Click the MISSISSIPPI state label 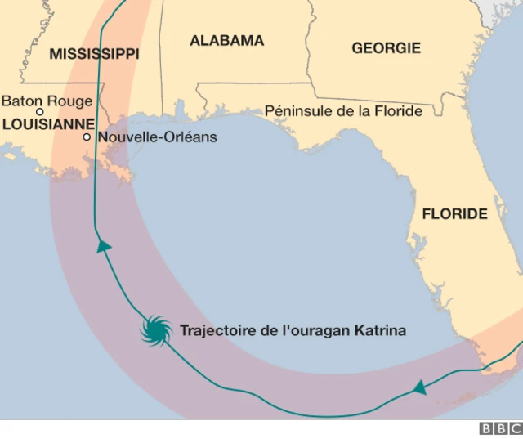click(x=94, y=54)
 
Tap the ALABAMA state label click(x=226, y=40)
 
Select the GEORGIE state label click(x=386, y=48)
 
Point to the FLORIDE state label click(x=454, y=214)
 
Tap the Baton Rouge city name click(x=47, y=101)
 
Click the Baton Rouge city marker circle click(x=39, y=112)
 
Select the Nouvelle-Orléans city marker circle click(x=87, y=137)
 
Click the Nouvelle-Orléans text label click(x=157, y=137)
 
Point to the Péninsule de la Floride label click(x=343, y=111)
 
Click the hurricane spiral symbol click(x=154, y=331)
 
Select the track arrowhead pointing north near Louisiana click(x=103, y=246)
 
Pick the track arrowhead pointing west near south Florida click(x=419, y=387)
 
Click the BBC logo click(x=499, y=428)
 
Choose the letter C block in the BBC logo click(x=513, y=428)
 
